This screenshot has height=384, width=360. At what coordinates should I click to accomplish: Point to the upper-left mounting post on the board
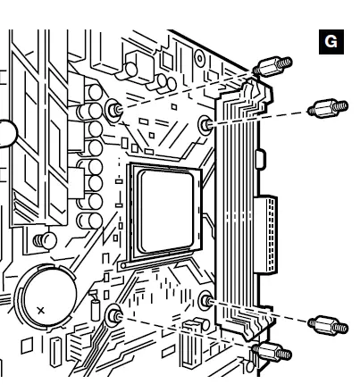114,109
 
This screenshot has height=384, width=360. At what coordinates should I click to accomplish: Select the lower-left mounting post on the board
114,314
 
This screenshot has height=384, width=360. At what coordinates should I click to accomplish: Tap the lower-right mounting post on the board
206,301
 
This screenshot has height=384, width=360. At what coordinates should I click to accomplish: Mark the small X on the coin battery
39,310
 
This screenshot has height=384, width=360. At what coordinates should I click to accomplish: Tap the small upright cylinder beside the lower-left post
94,308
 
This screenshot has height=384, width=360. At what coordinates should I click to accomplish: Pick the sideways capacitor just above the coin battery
41,239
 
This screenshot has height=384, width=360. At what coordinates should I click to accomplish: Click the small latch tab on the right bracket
259,162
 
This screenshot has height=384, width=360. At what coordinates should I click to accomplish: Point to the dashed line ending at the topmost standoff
188,89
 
